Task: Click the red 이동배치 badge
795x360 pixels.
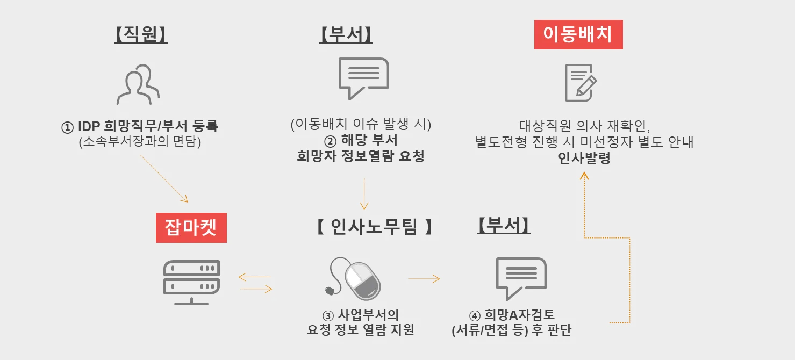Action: click(x=578, y=34)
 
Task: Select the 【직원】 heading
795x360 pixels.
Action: click(x=141, y=34)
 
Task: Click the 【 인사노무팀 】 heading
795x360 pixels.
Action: click(x=374, y=227)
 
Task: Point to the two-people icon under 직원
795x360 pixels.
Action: click(x=138, y=84)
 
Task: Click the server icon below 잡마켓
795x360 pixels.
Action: click(x=191, y=283)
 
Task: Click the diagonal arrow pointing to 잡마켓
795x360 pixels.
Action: click(x=164, y=178)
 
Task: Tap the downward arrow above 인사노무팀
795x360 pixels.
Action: click(x=364, y=193)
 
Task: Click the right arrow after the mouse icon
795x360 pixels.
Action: click(x=424, y=279)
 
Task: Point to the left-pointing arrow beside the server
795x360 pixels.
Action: click(x=254, y=277)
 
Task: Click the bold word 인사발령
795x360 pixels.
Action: click(x=584, y=159)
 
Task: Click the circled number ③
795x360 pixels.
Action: click(x=327, y=315)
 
